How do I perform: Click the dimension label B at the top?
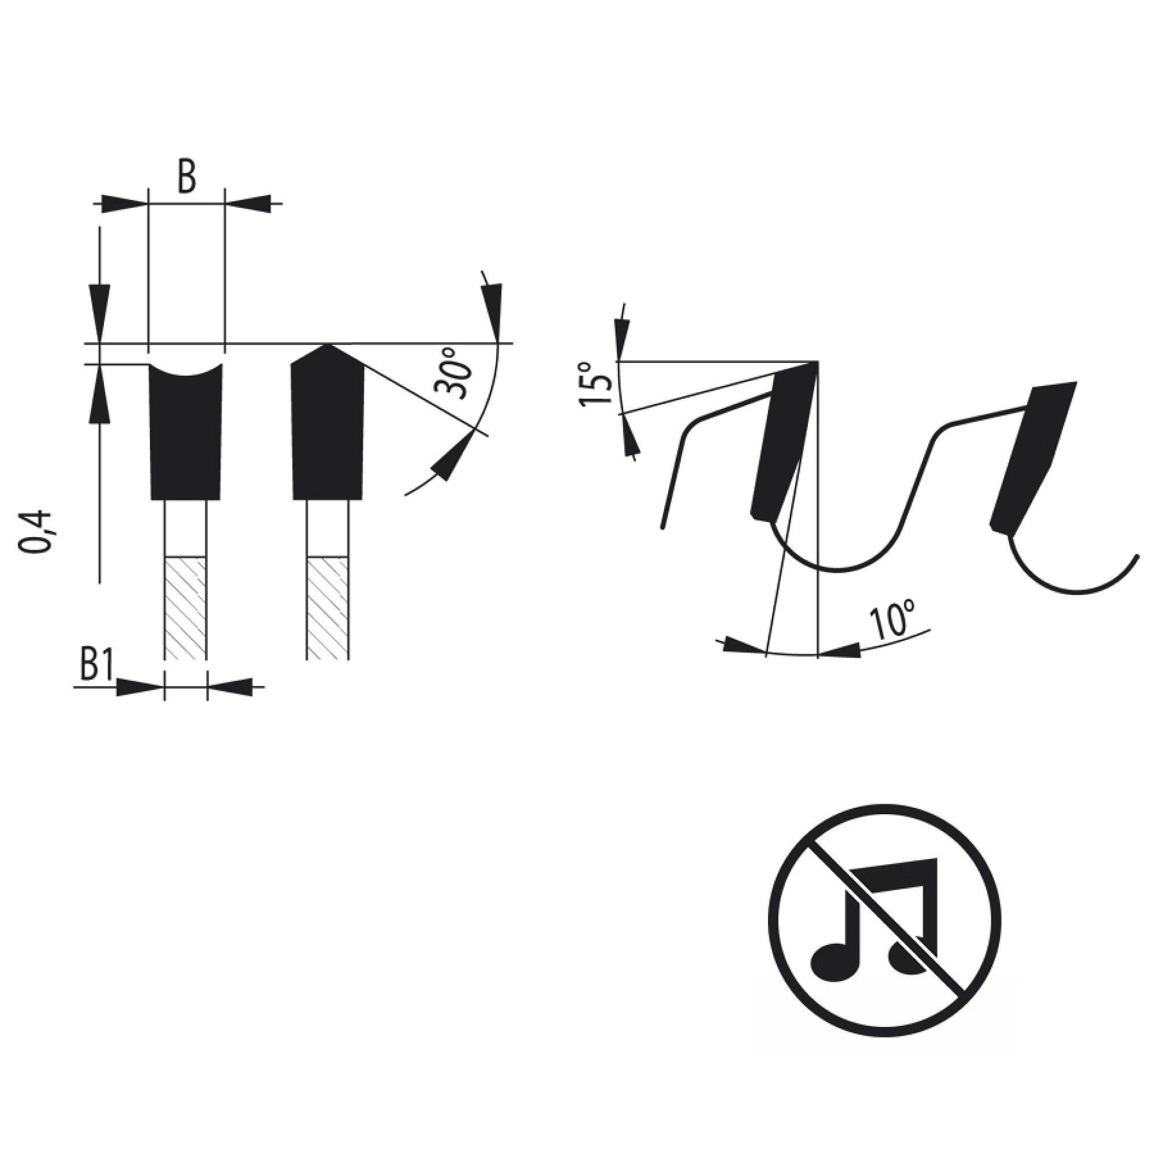tap(186, 176)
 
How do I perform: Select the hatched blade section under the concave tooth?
tap(185, 608)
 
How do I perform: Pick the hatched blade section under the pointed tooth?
tap(327, 608)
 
